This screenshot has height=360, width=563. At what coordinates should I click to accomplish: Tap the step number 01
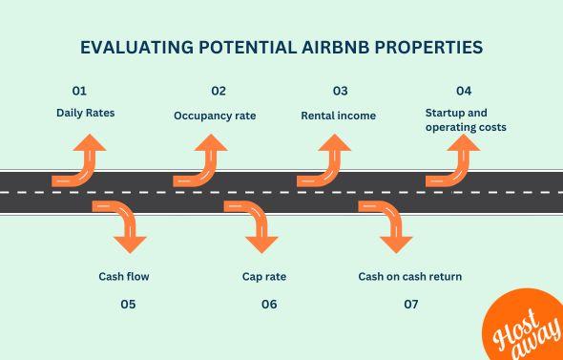79,92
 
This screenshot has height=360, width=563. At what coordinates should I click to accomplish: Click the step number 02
219,92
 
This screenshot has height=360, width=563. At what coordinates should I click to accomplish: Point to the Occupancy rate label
215,116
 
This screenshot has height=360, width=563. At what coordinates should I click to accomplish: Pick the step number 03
340,92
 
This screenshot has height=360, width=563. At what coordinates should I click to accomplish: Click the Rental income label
338,116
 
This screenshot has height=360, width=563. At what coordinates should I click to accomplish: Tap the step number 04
464,92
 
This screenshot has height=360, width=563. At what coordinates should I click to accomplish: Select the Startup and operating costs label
465,120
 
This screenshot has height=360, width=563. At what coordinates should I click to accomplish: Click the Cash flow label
124,277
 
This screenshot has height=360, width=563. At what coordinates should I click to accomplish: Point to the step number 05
128,305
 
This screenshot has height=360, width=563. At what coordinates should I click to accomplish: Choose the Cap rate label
264,277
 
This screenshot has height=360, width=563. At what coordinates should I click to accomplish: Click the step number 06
269,305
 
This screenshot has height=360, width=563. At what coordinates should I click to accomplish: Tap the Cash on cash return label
410,277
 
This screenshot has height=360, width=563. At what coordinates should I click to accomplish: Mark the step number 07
411,305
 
